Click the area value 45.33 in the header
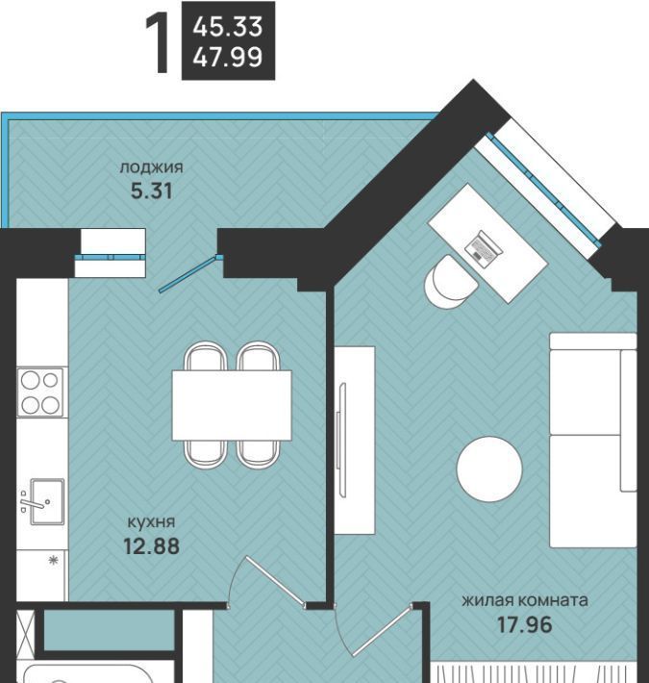coord(228,27)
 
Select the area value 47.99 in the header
coord(228,57)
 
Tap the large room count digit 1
coord(159,42)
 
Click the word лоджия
coord(152,167)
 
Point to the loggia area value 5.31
coord(152,190)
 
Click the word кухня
coord(151,521)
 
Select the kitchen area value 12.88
coord(151,545)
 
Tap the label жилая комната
coord(525,600)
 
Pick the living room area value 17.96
coord(525,624)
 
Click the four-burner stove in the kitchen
coord(40,392)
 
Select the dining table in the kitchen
coord(232,405)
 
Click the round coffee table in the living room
coord(489,469)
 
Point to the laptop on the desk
coord(484,247)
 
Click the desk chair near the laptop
coord(451,282)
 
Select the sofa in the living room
coord(593,440)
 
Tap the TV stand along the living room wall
coord(355,441)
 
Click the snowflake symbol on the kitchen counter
coord(54,560)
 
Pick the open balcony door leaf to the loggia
coord(187,274)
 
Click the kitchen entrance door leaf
coord(275,581)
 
